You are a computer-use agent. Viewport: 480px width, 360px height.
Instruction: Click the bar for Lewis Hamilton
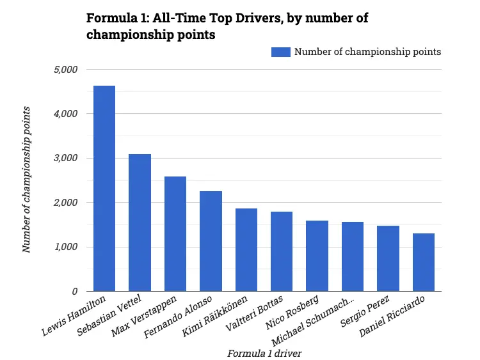pyautogui.click(x=104, y=189)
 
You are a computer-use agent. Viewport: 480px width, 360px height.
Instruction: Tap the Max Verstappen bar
pyautogui.click(x=175, y=234)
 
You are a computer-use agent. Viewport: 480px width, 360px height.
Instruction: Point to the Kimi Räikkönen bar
pyautogui.click(x=246, y=250)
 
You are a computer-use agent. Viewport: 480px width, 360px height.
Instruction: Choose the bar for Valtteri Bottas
pyautogui.click(x=282, y=251)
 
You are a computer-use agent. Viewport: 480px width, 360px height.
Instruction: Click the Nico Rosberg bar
pyautogui.click(x=317, y=256)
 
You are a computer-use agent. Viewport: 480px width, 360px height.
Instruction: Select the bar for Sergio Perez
pyautogui.click(x=388, y=258)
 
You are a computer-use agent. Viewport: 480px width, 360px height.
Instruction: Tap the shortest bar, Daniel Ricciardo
pyautogui.click(x=424, y=262)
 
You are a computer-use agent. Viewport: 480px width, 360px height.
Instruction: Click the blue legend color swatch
pyautogui.click(x=281, y=52)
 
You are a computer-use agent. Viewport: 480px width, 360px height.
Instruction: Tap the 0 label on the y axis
pyautogui.click(x=74, y=292)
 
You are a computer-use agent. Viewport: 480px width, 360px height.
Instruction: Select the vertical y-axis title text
pyautogui.click(x=27, y=180)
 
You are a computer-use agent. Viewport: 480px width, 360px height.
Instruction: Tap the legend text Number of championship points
pyautogui.click(x=367, y=52)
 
